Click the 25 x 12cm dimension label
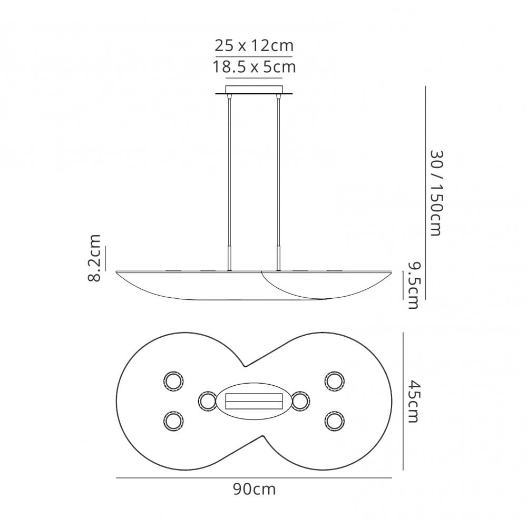(254, 45)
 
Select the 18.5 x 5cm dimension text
(254, 67)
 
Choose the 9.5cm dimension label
(413, 285)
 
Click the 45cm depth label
(413, 401)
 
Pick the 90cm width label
(255, 490)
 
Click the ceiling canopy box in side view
(254, 90)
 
